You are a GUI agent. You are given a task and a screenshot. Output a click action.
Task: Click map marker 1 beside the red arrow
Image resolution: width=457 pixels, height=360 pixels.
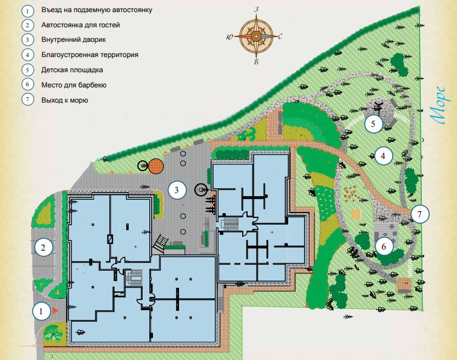point(40,311)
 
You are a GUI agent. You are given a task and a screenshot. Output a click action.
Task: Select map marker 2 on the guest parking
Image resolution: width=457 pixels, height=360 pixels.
point(43,247)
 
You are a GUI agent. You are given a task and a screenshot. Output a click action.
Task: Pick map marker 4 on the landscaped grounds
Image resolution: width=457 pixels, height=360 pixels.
point(382,155)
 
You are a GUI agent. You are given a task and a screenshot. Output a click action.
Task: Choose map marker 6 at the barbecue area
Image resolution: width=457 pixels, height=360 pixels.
point(384,246)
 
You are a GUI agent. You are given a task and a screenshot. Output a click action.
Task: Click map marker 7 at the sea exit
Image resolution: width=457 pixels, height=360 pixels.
point(419,214)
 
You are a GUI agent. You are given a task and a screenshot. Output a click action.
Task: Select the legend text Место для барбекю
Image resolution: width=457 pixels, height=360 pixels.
point(74,84)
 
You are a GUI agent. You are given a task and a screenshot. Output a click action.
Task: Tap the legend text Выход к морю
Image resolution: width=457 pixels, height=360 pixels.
point(65,100)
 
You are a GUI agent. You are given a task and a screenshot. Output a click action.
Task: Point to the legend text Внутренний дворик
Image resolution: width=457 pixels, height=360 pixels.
point(75,40)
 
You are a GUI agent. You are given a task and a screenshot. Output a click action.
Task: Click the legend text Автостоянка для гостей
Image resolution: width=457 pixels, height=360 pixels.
point(81,25)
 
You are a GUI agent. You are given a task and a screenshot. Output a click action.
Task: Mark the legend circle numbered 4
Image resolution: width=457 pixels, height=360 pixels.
point(27,55)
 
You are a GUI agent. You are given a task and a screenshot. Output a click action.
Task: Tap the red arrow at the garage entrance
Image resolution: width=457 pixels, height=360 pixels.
point(55,310)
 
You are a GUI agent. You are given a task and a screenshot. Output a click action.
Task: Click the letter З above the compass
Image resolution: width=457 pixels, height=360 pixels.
point(257,10)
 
